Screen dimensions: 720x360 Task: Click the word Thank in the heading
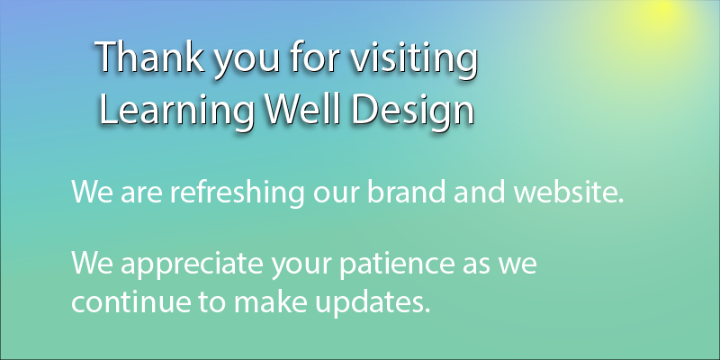click(150, 57)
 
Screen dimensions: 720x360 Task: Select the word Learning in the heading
click(175, 110)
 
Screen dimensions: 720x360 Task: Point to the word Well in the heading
click(304, 109)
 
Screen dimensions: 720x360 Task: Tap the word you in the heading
click(247, 61)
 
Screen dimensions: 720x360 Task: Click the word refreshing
click(237, 193)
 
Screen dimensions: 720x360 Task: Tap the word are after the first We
click(140, 194)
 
